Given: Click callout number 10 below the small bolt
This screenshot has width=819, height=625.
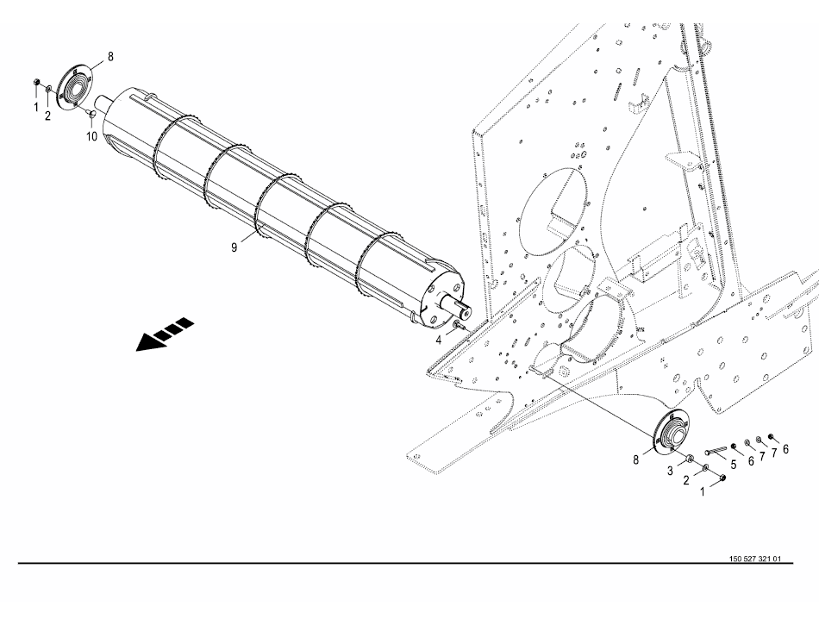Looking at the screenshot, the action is coord(91,137).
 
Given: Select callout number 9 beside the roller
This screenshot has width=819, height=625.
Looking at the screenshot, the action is coord(234,247).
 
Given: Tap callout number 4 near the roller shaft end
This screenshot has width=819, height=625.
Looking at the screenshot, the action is coord(439,341).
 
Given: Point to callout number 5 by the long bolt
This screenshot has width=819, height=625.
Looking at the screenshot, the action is coord(734,464).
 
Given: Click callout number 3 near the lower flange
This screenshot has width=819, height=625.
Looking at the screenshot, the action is coord(670,471).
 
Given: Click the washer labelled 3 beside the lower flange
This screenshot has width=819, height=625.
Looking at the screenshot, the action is coord(690,458).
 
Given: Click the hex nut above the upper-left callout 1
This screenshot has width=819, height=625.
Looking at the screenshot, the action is coord(35,82).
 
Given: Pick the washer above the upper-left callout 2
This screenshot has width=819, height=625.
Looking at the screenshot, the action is coord(48,90).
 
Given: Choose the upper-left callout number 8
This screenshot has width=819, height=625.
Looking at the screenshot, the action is coord(110,56).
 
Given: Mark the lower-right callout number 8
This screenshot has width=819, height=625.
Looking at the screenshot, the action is coord(635,460).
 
